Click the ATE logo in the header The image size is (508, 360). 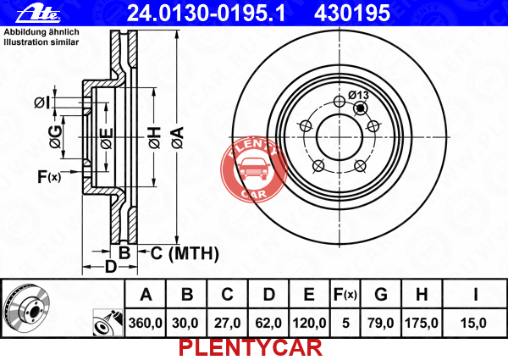[x=38, y=14]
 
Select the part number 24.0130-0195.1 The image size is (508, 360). [x=207, y=13]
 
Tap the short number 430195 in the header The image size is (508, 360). [x=352, y=13]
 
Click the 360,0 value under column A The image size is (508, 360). [x=146, y=323]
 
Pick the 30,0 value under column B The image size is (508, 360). [x=185, y=323]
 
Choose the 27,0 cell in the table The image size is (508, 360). [x=227, y=323]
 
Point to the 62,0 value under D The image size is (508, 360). [x=268, y=323]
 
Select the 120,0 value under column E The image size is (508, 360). [x=309, y=323]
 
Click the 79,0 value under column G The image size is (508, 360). [x=381, y=323]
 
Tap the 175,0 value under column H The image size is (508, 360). [x=422, y=323]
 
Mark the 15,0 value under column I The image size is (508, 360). [x=473, y=323]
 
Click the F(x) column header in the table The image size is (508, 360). [x=345, y=295]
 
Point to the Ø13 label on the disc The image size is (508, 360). [x=358, y=95]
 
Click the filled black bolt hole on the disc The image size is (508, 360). [x=361, y=108]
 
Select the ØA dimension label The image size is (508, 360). [x=178, y=138]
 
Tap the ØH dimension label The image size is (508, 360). [x=155, y=138]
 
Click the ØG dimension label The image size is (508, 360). [x=56, y=136]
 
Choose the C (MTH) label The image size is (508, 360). [x=185, y=253]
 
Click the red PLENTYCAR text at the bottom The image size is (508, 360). [x=251, y=348]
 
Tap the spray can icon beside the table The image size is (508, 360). [x=108, y=323]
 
